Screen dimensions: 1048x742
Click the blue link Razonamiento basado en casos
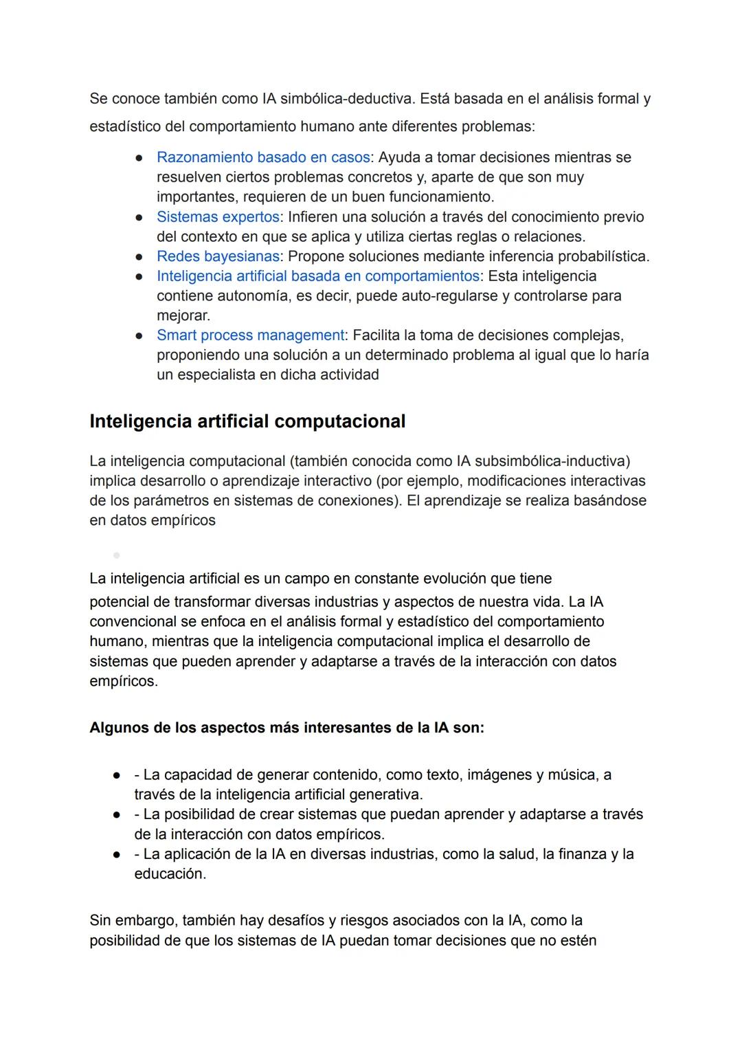point(263,157)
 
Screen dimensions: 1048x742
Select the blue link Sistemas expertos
point(218,217)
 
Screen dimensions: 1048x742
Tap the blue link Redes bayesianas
point(218,256)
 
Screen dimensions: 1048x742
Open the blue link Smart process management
point(250,335)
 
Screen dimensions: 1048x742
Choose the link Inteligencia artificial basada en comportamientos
point(317,276)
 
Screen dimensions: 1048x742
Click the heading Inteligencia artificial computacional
point(247,421)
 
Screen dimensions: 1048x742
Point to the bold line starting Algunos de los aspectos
point(286,728)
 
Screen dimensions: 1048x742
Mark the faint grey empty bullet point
point(116,555)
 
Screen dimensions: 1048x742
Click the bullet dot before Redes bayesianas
point(139,257)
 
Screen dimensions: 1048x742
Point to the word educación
point(170,874)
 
